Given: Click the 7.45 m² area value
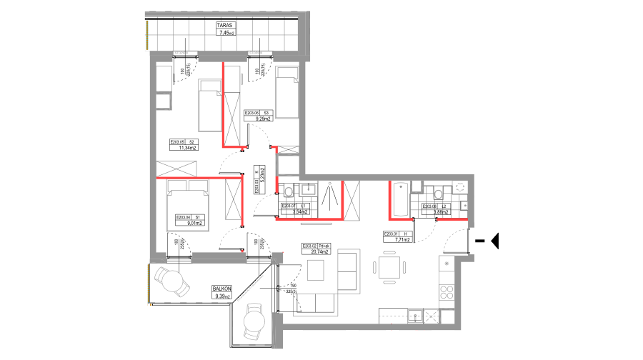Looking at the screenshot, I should [x=226, y=33].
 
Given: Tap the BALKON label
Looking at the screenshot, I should [x=221, y=289].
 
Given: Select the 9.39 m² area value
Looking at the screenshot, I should [x=221, y=296].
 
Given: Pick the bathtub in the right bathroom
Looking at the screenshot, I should [x=401, y=199].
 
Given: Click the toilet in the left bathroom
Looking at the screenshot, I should [x=288, y=191].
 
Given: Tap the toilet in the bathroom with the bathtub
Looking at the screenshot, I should [x=439, y=193].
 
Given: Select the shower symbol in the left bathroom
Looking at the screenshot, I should [x=329, y=194].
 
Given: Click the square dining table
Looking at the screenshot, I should [x=389, y=267].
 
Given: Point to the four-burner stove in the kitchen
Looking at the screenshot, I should [x=447, y=291].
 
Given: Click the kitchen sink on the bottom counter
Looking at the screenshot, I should [x=415, y=316].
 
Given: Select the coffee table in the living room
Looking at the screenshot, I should [x=315, y=269].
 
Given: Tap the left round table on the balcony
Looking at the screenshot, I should [x=172, y=281].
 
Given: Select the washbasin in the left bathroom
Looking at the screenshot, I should [x=309, y=189].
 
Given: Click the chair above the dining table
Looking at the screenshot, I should [x=389, y=252].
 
